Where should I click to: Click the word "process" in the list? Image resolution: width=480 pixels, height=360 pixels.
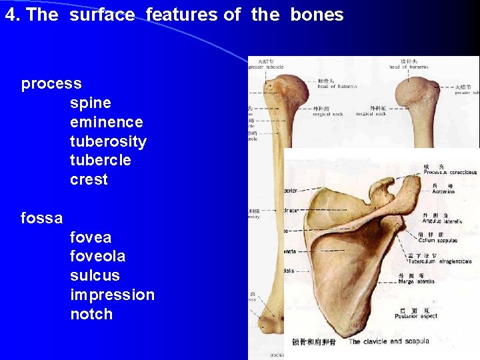(x=51, y=84)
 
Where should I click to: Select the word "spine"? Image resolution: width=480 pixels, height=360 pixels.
(x=90, y=103)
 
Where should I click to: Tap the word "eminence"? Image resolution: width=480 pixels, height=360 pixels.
(x=106, y=122)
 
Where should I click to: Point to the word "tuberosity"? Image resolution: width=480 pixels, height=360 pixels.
(x=108, y=141)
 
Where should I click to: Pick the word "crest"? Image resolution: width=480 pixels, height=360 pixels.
(x=89, y=179)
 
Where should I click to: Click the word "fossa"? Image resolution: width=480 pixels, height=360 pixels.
(x=42, y=218)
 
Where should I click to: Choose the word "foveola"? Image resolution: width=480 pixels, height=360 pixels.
(x=97, y=256)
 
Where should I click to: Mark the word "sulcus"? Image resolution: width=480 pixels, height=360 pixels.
(x=95, y=275)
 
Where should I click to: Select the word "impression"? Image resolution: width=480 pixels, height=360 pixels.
(x=112, y=295)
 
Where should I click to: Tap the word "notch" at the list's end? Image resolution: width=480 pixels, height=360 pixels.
(x=91, y=314)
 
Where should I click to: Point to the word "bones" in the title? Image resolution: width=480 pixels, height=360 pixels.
(x=317, y=15)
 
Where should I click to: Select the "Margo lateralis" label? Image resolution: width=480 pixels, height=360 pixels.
(x=416, y=281)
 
